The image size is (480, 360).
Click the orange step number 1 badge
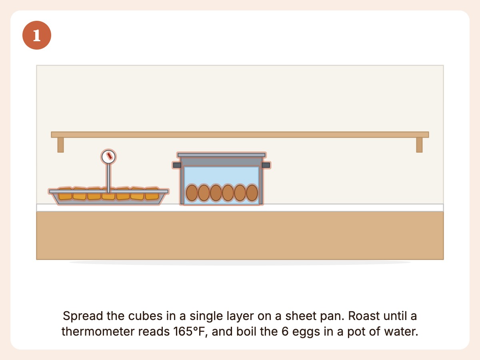click(x=37, y=35)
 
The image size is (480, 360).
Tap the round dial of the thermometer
click(x=108, y=156)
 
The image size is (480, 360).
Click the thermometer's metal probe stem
click(x=108, y=178)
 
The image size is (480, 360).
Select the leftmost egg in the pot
click(x=192, y=193)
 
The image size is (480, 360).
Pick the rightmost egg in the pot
click(x=252, y=193)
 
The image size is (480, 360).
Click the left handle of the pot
click(x=177, y=165)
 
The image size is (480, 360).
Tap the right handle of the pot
click(x=266, y=165)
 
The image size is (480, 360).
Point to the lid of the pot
click(x=222, y=155)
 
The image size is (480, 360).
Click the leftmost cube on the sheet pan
click(x=65, y=194)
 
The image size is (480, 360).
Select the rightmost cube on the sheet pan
click(x=152, y=194)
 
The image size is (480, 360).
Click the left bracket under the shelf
click(x=60, y=145)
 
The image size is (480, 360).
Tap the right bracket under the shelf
click(x=419, y=145)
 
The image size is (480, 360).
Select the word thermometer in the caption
click(x=98, y=332)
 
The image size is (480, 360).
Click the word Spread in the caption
click(x=83, y=316)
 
